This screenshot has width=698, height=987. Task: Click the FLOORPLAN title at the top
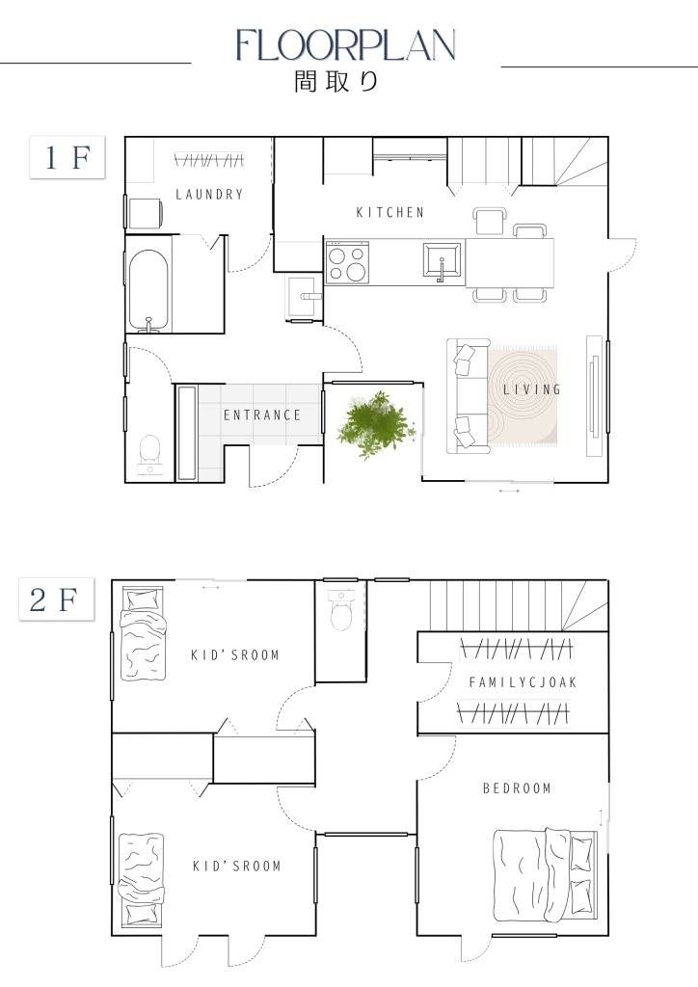[345, 45]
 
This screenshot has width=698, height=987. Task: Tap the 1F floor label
[67, 157]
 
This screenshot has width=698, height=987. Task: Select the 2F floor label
[57, 599]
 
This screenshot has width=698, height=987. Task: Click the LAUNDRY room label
[209, 195]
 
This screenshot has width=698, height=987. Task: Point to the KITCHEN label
[390, 213]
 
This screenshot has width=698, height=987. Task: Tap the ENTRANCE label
[262, 415]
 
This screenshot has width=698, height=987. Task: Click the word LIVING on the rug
[532, 389]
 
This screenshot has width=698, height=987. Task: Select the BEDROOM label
[517, 788]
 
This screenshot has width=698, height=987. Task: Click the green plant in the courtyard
[376, 425]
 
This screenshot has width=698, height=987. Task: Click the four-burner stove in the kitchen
[347, 262]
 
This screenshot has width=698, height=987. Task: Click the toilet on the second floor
[341, 609]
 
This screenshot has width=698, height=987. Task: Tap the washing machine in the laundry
[146, 213]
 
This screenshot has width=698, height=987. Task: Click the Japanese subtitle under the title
[336, 81]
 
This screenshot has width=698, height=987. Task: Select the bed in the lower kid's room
[142, 879]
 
